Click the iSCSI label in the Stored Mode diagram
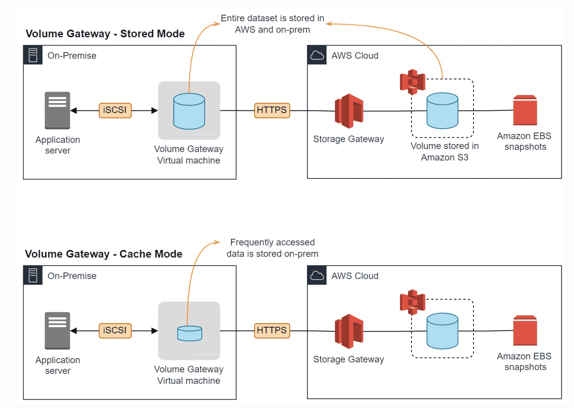click(115, 110)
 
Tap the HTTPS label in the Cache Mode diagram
click(272, 331)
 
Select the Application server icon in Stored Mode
click(57, 111)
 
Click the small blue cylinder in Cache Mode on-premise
click(190, 333)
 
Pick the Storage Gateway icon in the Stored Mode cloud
click(349, 111)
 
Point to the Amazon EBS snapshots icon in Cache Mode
click(525, 331)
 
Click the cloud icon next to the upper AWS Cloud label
click(317, 55)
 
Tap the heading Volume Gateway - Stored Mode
click(105, 34)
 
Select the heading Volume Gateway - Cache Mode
click(104, 254)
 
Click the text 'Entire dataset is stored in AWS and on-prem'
click(272, 24)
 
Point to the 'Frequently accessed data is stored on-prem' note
click(272, 248)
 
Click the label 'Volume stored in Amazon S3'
click(444, 151)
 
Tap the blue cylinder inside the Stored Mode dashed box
click(442, 111)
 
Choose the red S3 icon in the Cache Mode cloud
click(412, 302)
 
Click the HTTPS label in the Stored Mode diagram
click(272, 110)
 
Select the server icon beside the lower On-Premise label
click(33, 275)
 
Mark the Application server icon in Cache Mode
click(57, 331)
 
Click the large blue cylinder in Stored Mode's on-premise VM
click(189, 111)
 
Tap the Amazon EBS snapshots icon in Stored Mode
click(525, 110)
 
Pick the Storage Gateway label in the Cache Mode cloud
click(349, 359)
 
